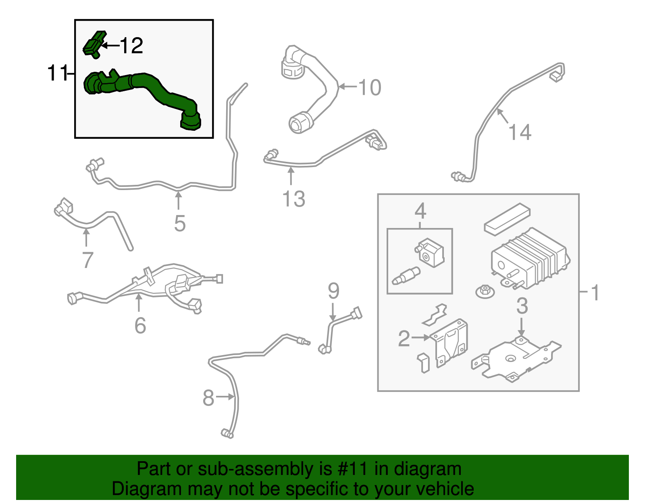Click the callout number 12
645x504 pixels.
131,46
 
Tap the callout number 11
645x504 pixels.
57,73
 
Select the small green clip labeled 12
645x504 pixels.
94,44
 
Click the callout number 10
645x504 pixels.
369,88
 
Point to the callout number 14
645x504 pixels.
520,132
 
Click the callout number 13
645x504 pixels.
293,199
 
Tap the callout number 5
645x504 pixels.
180,223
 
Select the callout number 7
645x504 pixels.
87,260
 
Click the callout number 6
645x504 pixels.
140,325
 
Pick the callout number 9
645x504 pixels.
333,291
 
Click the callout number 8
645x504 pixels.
208,398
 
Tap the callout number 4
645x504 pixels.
420,211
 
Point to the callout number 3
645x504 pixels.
522,306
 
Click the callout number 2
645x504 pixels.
404,338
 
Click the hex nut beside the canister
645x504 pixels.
485,291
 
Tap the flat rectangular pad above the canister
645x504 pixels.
507,218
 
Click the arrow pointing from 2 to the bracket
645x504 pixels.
421,337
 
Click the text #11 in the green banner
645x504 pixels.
352,469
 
